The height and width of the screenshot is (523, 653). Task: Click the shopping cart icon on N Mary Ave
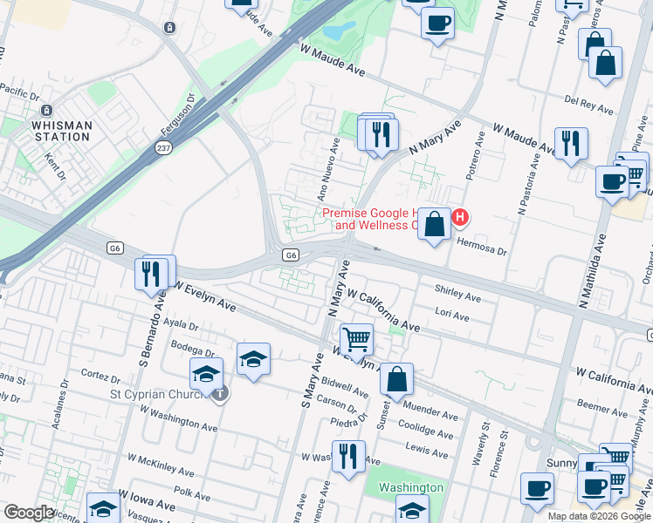[x=356, y=338]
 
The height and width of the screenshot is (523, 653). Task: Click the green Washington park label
[x=410, y=488]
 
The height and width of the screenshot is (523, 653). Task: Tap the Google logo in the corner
[x=29, y=513]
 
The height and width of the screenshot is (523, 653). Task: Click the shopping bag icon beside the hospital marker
[x=434, y=225]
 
